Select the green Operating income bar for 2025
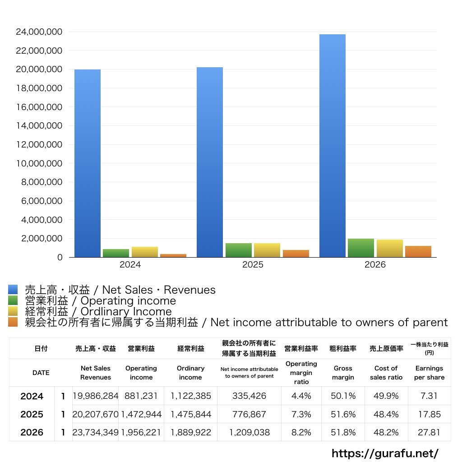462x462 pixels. (x=239, y=250)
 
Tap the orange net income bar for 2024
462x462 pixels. (x=173, y=255)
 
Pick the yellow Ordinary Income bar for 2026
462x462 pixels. (x=390, y=249)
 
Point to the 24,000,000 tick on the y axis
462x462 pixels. (x=39, y=32)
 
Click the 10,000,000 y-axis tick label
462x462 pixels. (x=39, y=163)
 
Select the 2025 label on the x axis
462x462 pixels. (x=253, y=265)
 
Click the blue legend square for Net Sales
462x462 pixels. (x=13, y=290)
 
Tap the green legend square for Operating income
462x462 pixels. (x=13, y=300)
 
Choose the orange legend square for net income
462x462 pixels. (x=13, y=322)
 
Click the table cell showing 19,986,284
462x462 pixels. (x=95, y=396)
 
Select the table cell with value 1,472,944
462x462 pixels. (x=141, y=414)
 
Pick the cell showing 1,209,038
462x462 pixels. (x=249, y=432)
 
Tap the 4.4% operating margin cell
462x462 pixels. (x=301, y=396)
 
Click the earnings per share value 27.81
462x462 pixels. (x=429, y=432)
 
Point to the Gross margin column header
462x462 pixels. (x=343, y=373)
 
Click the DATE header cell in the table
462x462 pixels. (x=41, y=373)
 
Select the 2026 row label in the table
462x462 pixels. (x=32, y=432)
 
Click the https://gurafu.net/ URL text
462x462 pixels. (x=385, y=453)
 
